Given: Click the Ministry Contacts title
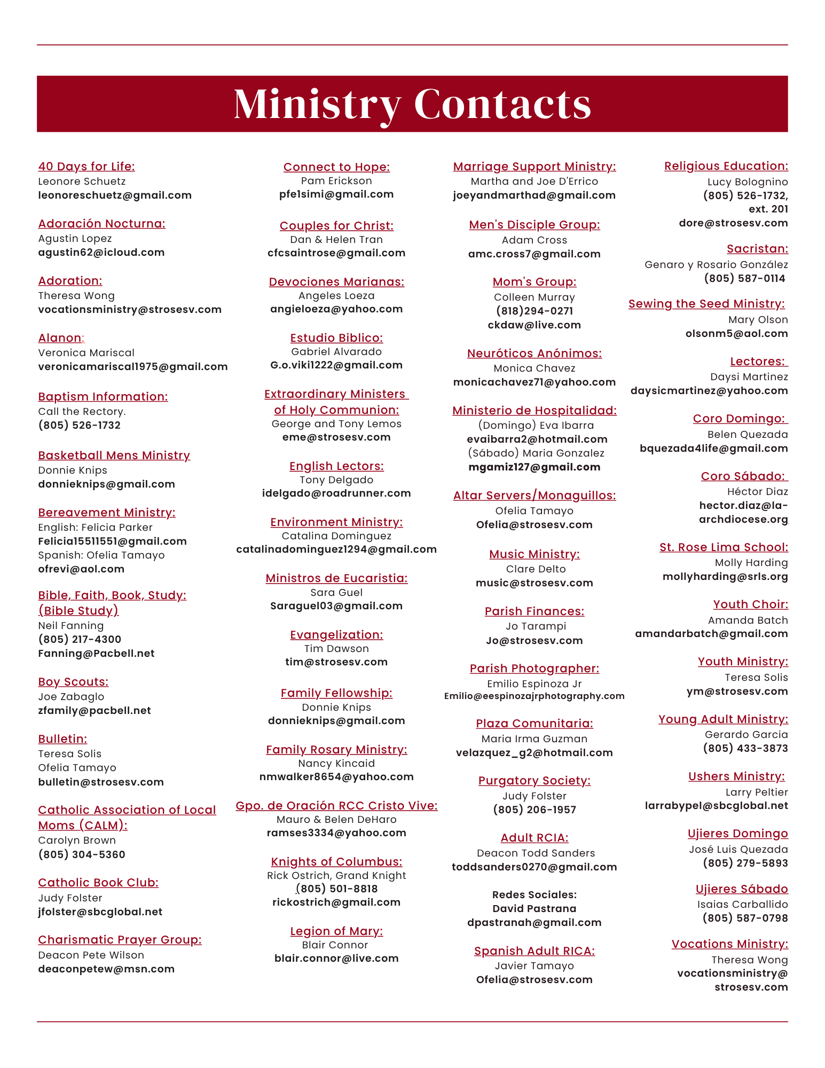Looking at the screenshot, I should pyautogui.click(x=412, y=104).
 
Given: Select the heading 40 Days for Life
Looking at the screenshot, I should pyautogui.click(x=87, y=167).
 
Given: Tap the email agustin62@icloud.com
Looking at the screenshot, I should pyautogui.click(x=101, y=252).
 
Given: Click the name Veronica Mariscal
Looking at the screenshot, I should pyautogui.click(x=86, y=352).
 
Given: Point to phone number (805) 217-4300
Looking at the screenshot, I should pyautogui.click(x=80, y=639).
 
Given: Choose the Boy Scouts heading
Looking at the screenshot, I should pyautogui.click(x=73, y=682).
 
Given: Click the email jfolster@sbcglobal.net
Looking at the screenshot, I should pyautogui.click(x=100, y=912).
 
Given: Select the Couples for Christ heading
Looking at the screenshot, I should pyautogui.click(x=336, y=226).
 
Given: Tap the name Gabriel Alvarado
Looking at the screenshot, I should pyautogui.click(x=336, y=351).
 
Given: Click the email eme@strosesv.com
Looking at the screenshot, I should pyautogui.click(x=336, y=437).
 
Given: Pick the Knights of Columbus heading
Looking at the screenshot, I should pyautogui.click(x=336, y=861).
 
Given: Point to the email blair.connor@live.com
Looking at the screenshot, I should pyautogui.click(x=336, y=958).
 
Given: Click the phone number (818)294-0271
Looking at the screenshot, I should pyautogui.click(x=535, y=311).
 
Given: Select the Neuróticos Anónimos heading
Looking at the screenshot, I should pyautogui.click(x=535, y=354).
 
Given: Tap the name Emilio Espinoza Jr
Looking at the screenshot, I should pyautogui.click(x=535, y=684).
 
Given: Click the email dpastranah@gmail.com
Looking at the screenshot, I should pyautogui.click(x=535, y=922).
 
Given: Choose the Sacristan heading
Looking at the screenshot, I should pyautogui.click(x=757, y=249).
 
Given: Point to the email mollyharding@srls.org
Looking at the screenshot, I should pyautogui.click(x=725, y=576).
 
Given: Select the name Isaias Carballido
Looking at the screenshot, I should pyautogui.click(x=742, y=904).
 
